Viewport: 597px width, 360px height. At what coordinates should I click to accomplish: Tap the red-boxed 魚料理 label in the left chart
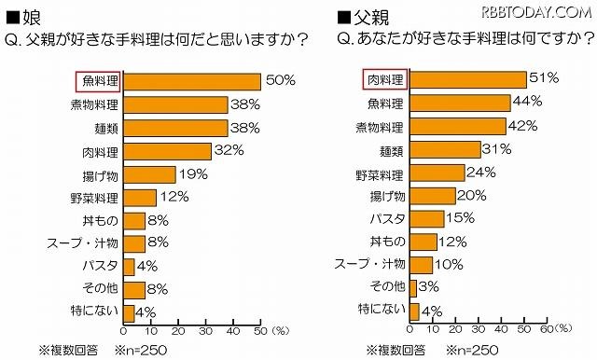96,82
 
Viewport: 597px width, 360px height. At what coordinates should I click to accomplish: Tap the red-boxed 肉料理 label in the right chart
382,80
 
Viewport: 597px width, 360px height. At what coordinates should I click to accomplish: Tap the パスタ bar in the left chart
129,266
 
